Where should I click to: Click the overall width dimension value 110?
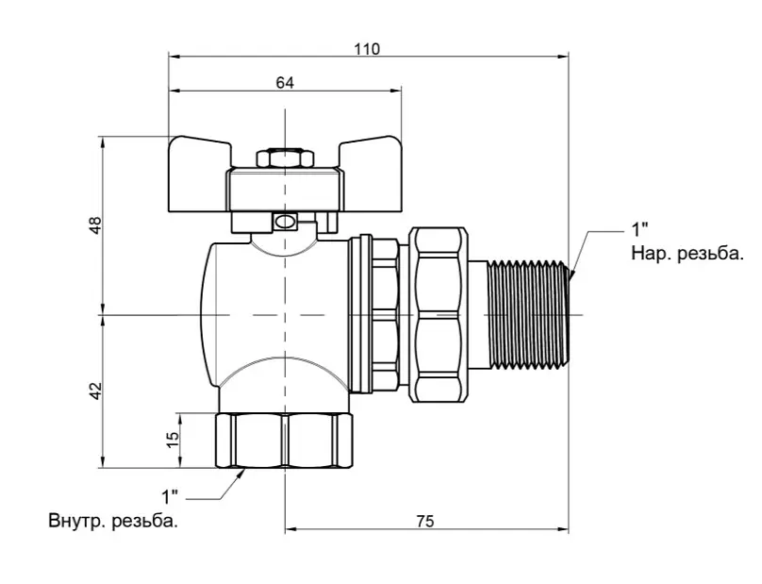point(367,49)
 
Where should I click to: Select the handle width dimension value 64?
point(285,83)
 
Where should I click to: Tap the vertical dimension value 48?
point(96,225)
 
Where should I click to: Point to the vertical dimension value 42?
point(96,391)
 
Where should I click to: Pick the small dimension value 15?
point(173,440)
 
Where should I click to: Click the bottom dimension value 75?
point(424,522)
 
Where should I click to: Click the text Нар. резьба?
point(687,254)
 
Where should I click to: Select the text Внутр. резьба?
point(113,521)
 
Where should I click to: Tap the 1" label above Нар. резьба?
point(639,229)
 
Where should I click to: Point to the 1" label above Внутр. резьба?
point(170,496)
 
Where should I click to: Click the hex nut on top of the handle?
point(284,159)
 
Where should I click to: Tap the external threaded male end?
point(528,314)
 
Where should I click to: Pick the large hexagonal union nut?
point(439,314)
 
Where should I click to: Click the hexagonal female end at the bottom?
point(284,441)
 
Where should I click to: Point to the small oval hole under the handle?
point(284,223)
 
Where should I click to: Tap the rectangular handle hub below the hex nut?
point(284,191)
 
